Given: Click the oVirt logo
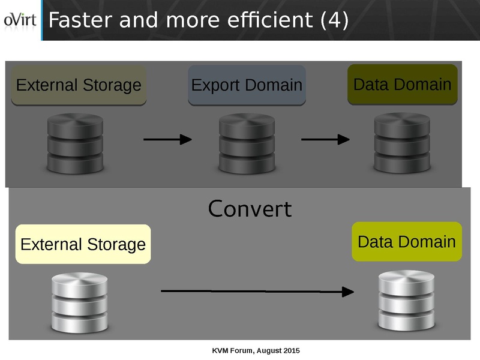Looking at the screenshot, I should [20, 20].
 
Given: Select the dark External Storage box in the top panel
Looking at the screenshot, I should [79, 85].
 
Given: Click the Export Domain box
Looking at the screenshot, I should [247, 85].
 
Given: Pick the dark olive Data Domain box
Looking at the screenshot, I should [403, 84].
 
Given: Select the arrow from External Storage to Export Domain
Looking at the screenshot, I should [167, 140].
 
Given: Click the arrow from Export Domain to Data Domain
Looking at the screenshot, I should [325, 140].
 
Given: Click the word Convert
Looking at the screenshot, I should [250, 209].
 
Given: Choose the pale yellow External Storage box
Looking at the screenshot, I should [83, 244].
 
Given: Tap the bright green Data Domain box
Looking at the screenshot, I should [407, 242].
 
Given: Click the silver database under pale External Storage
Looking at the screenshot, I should [79, 303].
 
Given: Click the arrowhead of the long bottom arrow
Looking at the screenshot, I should [347, 292].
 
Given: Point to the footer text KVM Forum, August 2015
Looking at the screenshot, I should [256, 350].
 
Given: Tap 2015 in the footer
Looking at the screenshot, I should [291, 350].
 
